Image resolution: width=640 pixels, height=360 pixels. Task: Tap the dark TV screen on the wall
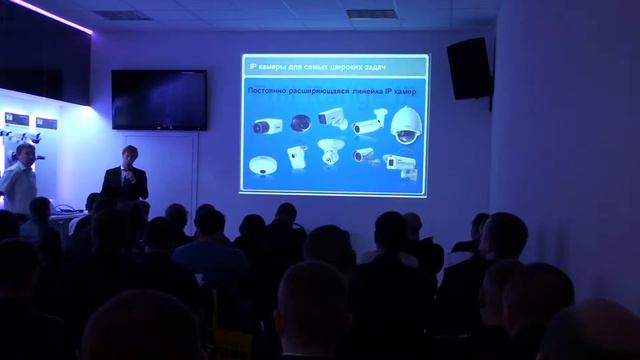tap(159, 99)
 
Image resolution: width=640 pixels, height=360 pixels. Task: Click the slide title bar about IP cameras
tap(335, 67)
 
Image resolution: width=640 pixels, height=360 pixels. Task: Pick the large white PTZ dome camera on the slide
tap(405, 126)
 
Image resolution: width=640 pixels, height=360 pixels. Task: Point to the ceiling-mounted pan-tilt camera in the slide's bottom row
tap(329, 154)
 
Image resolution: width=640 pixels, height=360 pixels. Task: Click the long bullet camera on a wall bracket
tap(367, 126)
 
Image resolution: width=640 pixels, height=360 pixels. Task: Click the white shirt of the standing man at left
tap(19, 186)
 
